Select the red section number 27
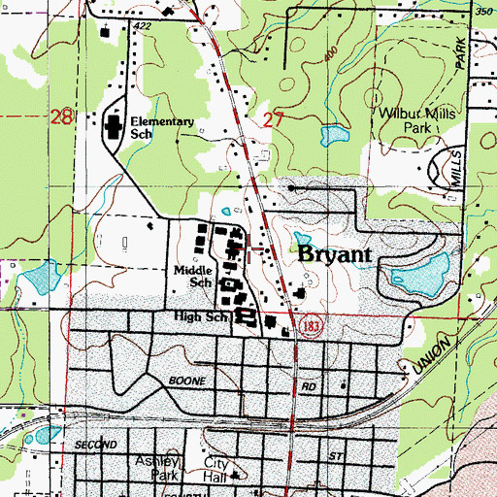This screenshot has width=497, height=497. (x=274, y=119)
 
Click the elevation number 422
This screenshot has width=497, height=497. (x=144, y=25)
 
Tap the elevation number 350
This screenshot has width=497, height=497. (x=482, y=10)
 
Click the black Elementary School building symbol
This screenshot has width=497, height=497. (x=113, y=127)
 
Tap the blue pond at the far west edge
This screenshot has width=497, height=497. (x=39, y=281)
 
